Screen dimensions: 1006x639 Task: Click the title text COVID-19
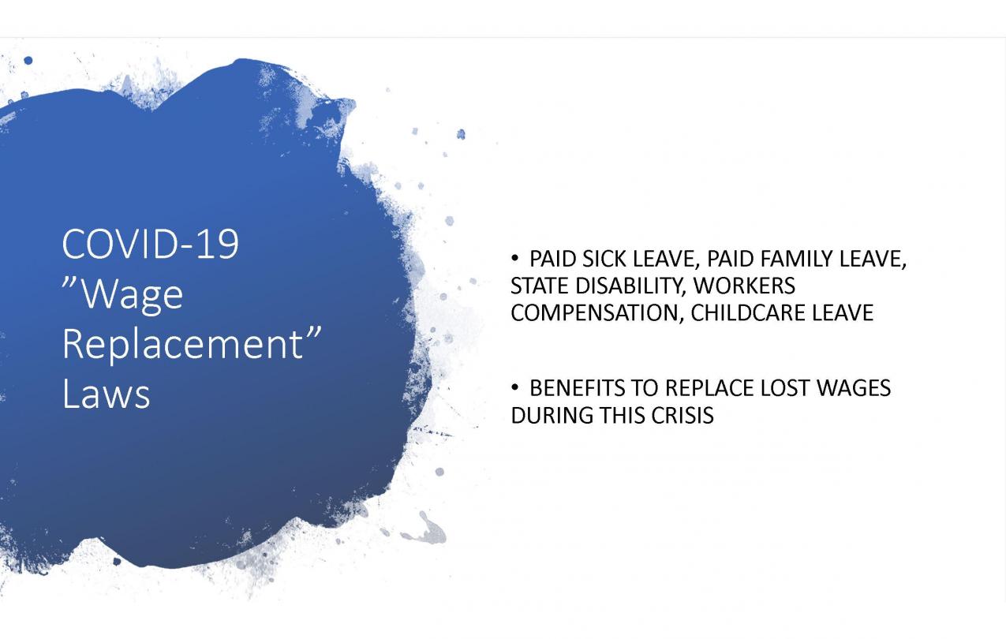click(x=150, y=244)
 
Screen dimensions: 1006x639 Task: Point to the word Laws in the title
click(x=106, y=394)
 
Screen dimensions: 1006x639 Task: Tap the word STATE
click(x=540, y=286)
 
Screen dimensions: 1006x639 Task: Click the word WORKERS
click(x=744, y=286)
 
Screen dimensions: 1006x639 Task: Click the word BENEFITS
click(x=578, y=388)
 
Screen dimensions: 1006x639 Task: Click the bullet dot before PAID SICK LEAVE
click(x=514, y=259)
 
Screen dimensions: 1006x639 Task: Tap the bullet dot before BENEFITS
click(x=514, y=387)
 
